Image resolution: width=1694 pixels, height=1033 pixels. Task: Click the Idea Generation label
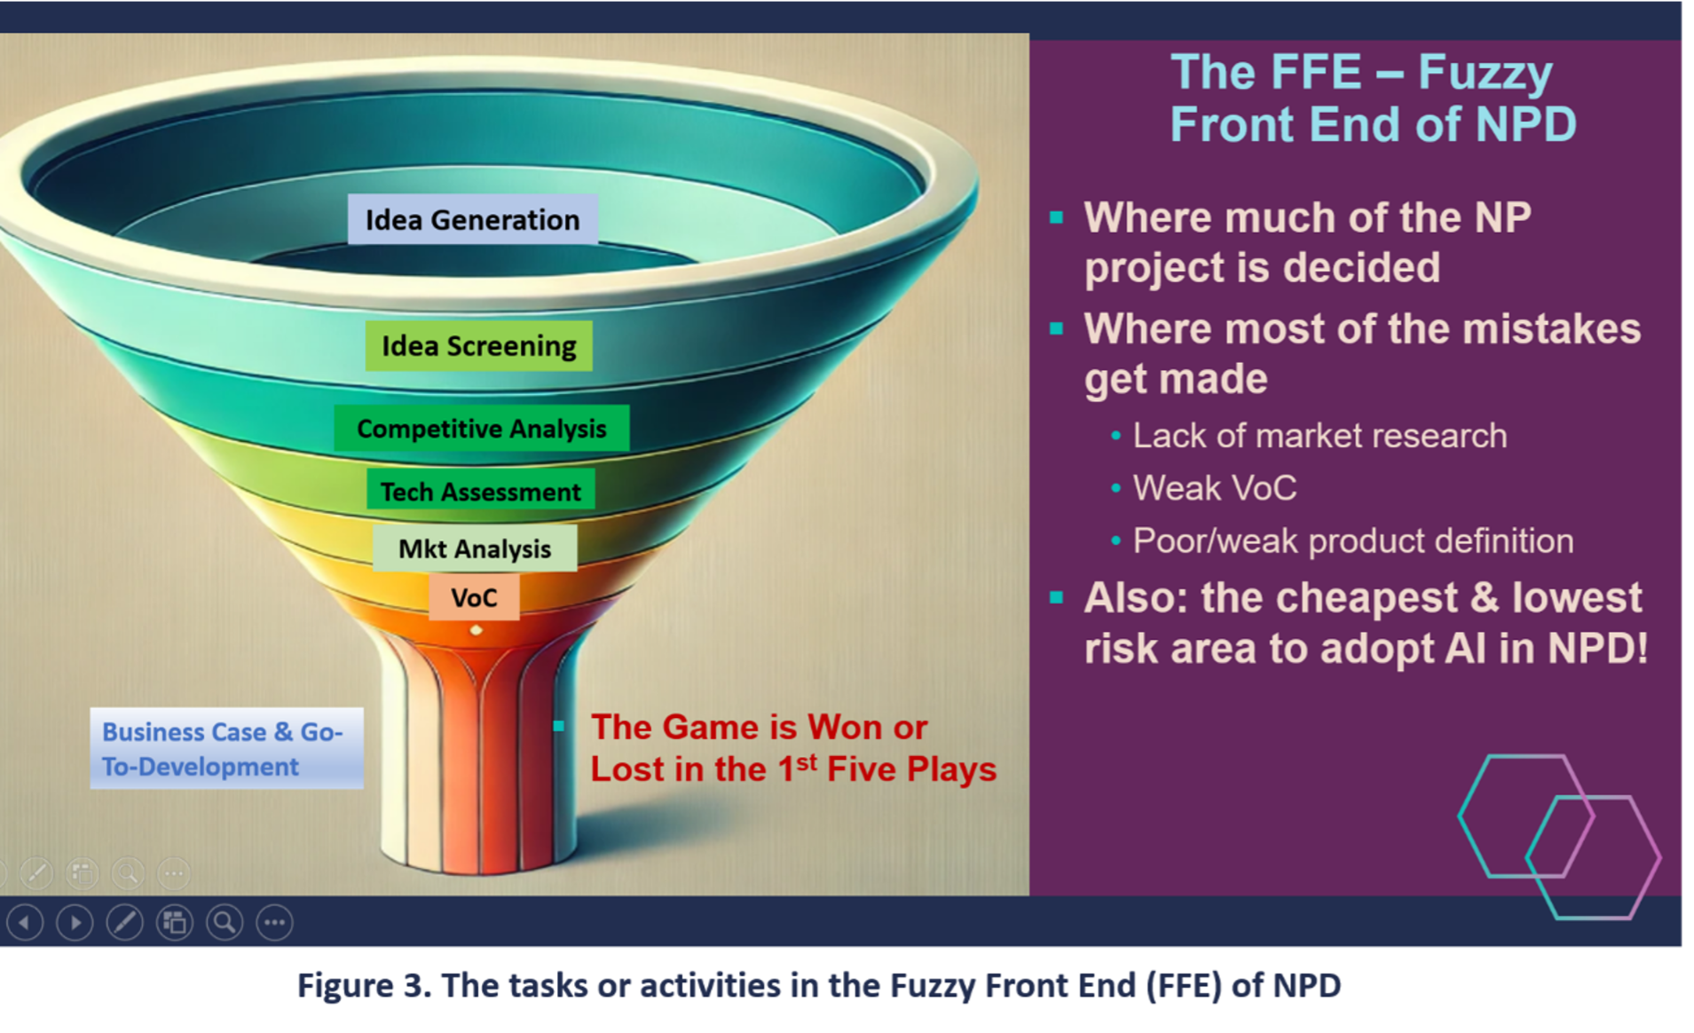tap(472, 219)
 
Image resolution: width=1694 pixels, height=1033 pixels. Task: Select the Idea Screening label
tap(478, 345)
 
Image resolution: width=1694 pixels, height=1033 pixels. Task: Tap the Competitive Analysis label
tap(482, 429)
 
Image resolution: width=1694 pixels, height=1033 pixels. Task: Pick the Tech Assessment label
tap(480, 491)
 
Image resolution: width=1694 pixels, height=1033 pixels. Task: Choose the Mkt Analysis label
tap(475, 548)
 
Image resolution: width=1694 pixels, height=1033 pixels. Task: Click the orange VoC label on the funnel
tap(474, 597)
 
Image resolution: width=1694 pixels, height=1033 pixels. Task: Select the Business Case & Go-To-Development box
tap(226, 748)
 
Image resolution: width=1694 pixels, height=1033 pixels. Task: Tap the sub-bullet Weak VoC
tap(1214, 488)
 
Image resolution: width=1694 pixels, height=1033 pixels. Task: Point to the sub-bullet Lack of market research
tap(1320, 436)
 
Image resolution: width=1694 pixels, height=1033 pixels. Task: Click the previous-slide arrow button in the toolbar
tap(25, 923)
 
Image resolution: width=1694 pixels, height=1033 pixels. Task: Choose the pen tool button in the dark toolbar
tap(125, 923)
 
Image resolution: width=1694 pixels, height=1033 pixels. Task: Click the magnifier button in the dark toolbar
tap(225, 923)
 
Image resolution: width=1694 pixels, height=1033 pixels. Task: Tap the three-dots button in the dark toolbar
tap(275, 923)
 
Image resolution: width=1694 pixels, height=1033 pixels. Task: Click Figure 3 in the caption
tap(364, 986)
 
